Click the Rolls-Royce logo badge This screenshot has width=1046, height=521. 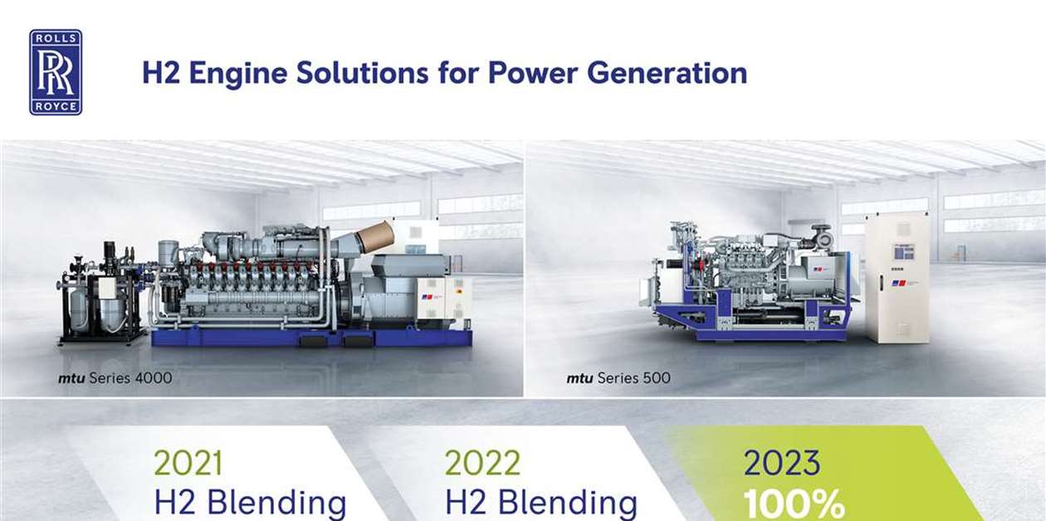pyautogui.click(x=56, y=72)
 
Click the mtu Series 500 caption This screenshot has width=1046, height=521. pyautogui.click(x=618, y=378)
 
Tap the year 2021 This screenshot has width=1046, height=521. pyautogui.click(x=188, y=463)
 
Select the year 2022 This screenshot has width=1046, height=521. pyautogui.click(x=482, y=463)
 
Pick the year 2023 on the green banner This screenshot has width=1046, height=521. pyautogui.click(x=782, y=463)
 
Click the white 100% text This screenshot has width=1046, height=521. pyautogui.click(x=794, y=504)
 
